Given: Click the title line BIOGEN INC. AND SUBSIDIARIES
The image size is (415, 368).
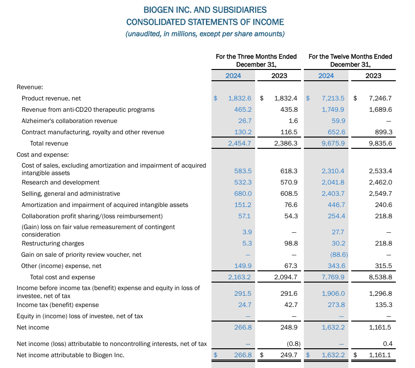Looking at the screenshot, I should click(x=205, y=9).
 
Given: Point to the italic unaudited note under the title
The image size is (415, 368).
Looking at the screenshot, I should click(x=205, y=34).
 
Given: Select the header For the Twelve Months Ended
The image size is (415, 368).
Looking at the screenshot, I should click(x=350, y=56).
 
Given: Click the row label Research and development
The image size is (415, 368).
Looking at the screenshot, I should click(x=60, y=182).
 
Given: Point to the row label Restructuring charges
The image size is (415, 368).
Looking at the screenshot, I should click(x=53, y=243).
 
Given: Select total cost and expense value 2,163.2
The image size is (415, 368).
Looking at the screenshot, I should click(x=240, y=277).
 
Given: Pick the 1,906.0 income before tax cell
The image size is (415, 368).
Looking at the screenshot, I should click(x=333, y=293).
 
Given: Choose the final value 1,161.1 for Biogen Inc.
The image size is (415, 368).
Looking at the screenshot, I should click(x=380, y=355).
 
